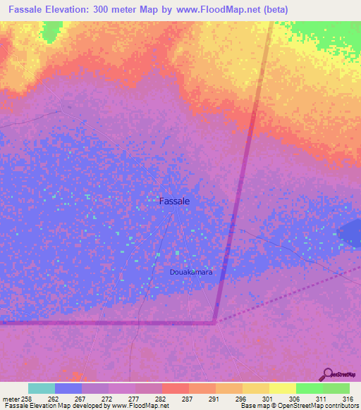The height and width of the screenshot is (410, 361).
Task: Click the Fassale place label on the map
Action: point(174,201)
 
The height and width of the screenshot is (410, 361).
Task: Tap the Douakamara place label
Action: point(191,271)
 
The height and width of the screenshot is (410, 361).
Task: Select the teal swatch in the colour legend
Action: point(42,388)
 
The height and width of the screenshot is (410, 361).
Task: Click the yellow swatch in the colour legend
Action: point(282,388)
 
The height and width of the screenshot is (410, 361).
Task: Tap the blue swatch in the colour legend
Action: point(68,388)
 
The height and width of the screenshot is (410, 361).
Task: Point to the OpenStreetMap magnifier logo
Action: point(326,373)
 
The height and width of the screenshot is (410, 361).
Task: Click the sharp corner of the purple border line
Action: point(214,323)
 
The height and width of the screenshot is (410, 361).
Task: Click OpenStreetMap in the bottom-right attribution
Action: point(319,406)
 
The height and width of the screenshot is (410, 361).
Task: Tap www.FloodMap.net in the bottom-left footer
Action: point(139,406)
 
